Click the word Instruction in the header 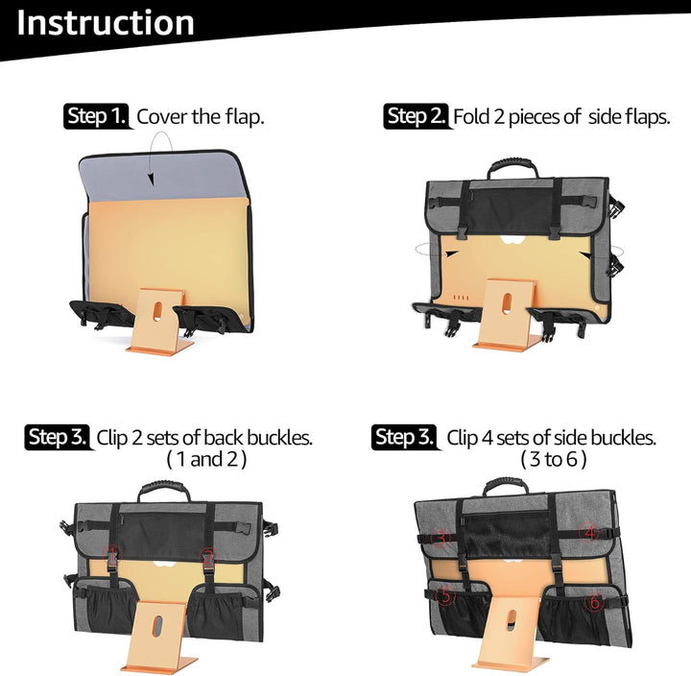(106, 23)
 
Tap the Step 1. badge (97, 116)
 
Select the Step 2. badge (416, 116)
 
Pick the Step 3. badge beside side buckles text (404, 437)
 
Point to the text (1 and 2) (206, 459)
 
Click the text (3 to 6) (554, 459)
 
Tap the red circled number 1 (112, 555)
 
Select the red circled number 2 (208, 558)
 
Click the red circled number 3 (441, 539)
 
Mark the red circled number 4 (589, 532)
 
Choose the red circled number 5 (445, 595)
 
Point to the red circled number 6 (594, 601)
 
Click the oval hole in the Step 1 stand (157, 310)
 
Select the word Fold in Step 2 (471, 116)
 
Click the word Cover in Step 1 (162, 117)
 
